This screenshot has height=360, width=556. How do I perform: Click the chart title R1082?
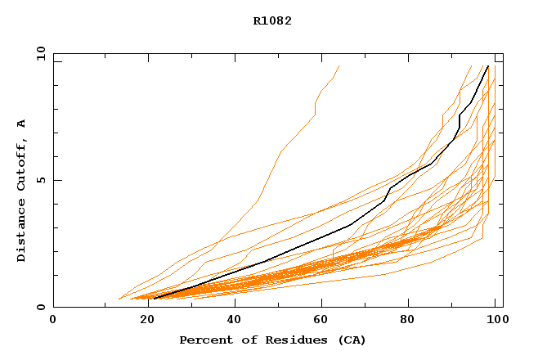272,21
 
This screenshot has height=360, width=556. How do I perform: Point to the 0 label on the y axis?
40,308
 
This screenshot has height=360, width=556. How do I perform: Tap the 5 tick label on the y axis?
40,180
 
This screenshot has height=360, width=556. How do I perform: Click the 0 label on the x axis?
53,320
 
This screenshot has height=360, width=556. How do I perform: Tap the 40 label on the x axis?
235,320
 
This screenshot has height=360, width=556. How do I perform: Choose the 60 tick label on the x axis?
325,320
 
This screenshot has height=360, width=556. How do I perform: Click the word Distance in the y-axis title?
21,232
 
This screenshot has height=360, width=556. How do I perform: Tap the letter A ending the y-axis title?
21,124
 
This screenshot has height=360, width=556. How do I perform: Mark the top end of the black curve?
488,66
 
